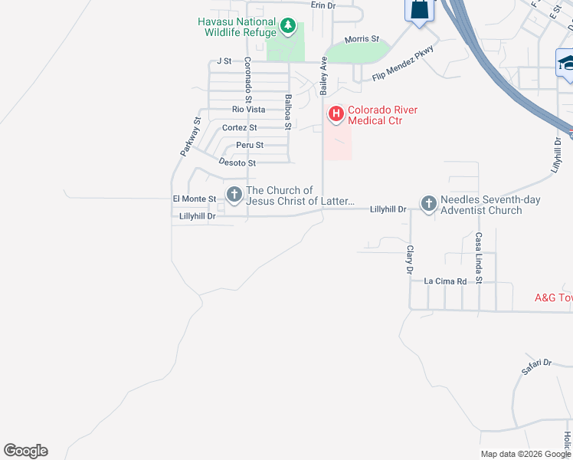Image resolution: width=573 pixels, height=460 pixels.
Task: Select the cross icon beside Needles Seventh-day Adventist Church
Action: coord(428,204)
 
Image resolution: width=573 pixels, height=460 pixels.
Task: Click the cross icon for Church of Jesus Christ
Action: coord(234,195)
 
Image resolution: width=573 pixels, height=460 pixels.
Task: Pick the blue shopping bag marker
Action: coord(418,10)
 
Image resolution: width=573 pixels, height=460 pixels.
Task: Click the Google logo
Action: coord(25,451)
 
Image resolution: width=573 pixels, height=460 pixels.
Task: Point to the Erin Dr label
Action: coord(323,5)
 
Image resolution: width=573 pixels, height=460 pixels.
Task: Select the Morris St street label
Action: coord(362,39)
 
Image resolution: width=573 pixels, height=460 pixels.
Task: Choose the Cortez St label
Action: coord(240,127)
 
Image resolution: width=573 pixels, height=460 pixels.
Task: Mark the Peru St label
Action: coord(250,145)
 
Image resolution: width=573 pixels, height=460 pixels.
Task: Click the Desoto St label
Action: coord(237,163)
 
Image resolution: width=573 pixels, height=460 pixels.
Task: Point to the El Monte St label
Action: coord(188,199)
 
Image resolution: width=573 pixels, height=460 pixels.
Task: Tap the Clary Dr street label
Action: coord(410,260)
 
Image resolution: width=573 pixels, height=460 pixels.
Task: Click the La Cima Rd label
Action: coord(446,281)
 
